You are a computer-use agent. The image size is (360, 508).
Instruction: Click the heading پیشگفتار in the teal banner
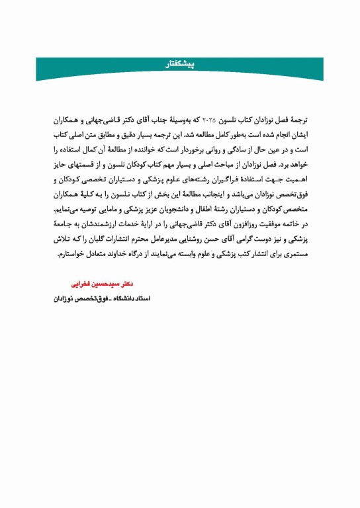(180, 65)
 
